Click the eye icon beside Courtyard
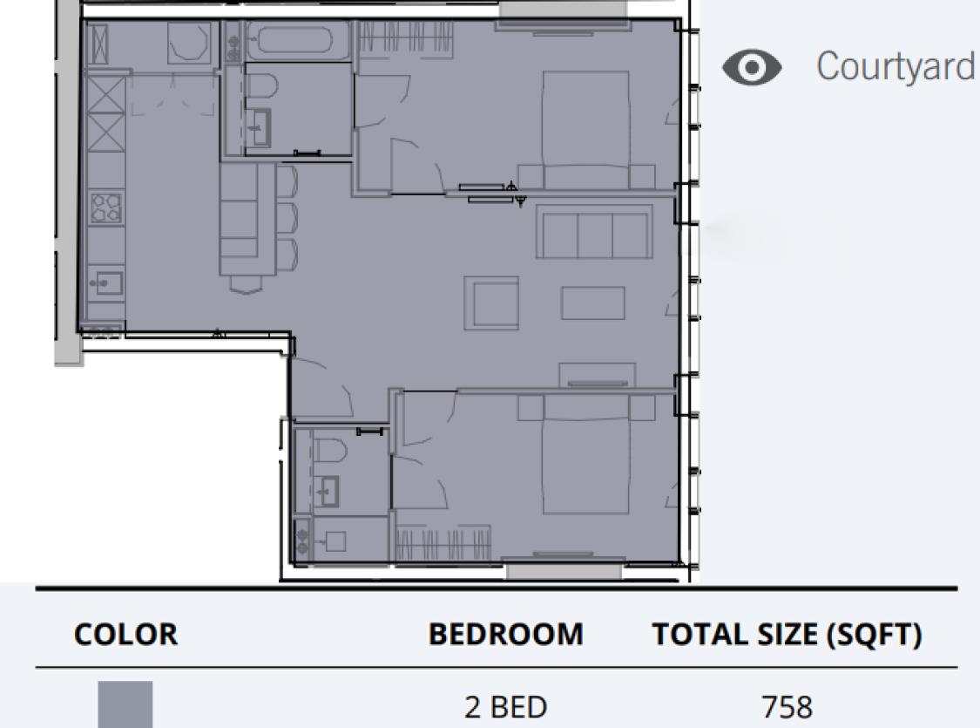[x=752, y=67]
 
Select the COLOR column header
[x=125, y=634]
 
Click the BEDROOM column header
[x=505, y=634]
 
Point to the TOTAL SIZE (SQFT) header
[x=787, y=634]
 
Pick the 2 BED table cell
[x=505, y=707]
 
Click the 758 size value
[x=787, y=707]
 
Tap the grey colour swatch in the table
[x=125, y=704]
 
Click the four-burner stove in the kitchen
[x=105, y=208]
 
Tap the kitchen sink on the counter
[x=105, y=282]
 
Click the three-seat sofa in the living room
[x=594, y=231]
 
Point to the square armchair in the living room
[x=491, y=303]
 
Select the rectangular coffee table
[x=593, y=303]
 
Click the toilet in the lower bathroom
[x=329, y=450]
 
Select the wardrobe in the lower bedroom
[x=443, y=543]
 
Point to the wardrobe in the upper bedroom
[x=406, y=38]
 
